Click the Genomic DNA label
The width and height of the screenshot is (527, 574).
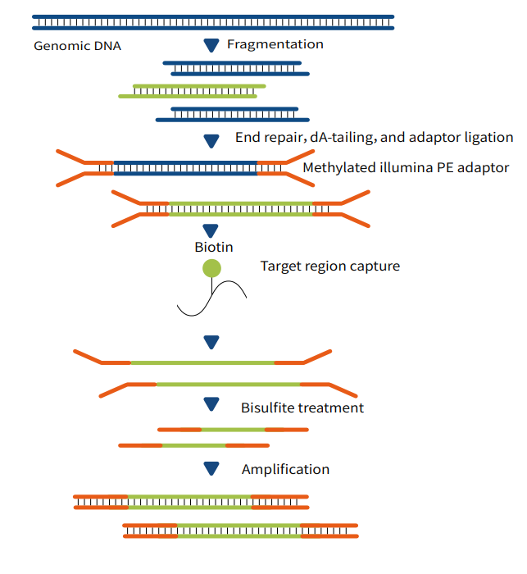click(77, 46)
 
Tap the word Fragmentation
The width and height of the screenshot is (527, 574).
click(275, 44)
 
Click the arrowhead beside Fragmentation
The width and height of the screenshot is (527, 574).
click(211, 44)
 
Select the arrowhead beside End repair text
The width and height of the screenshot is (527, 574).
click(211, 141)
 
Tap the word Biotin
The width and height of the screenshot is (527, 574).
click(214, 247)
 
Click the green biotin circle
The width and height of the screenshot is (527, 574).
click(211, 267)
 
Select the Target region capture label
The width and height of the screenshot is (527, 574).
click(330, 266)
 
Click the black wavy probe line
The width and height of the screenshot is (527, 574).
click(214, 298)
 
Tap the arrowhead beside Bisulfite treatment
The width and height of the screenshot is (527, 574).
click(211, 404)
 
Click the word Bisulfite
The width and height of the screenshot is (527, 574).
click(266, 408)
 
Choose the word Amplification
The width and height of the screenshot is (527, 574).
click(285, 470)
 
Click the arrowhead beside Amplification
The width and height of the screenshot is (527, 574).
click(211, 468)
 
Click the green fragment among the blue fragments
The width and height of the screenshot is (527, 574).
click(192, 91)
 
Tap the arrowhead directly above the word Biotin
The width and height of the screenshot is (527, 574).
click(211, 230)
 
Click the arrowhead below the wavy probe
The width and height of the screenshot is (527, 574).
click(211, 341)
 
